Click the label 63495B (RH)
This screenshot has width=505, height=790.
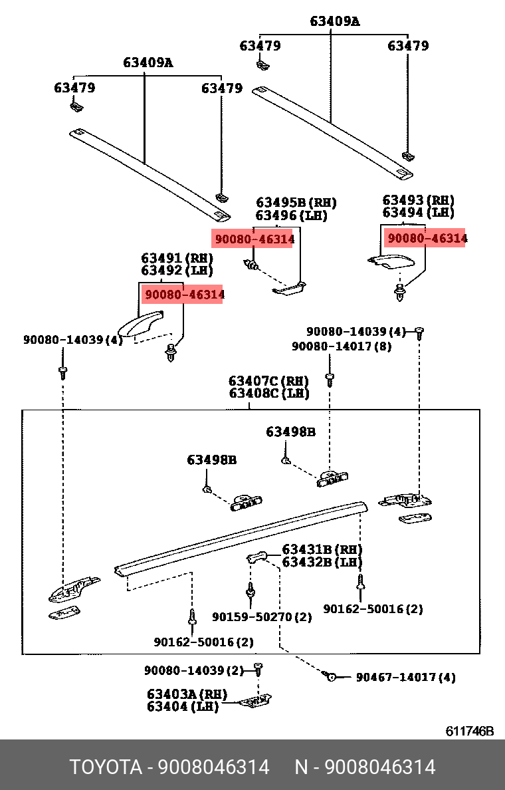click(x=296, y=203)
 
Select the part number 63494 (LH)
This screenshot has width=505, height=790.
click(x=418, y=213)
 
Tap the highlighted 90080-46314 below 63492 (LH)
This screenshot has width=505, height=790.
click(x=184, y=294)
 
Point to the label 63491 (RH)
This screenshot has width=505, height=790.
click(x=177, y=258)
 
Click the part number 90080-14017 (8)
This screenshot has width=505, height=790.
click(x=342, y=346)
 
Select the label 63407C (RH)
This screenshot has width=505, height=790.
click(x=268, y=380)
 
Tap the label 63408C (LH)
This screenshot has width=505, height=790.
click(x=269, y=393)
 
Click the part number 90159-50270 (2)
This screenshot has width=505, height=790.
click(x=262, y=616)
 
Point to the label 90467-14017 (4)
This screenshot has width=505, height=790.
click(x=406, y=677)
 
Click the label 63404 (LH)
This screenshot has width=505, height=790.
click(x=183, y=707)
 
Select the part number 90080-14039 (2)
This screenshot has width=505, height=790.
click(x=194, y=670)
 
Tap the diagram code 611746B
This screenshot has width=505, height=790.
click(x=469, y=731)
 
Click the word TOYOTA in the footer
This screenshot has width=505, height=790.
click(x=105, y=767)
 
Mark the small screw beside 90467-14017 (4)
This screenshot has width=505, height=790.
click(x=332, y=676)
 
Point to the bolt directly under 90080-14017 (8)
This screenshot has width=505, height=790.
click(x=330, y=380)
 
